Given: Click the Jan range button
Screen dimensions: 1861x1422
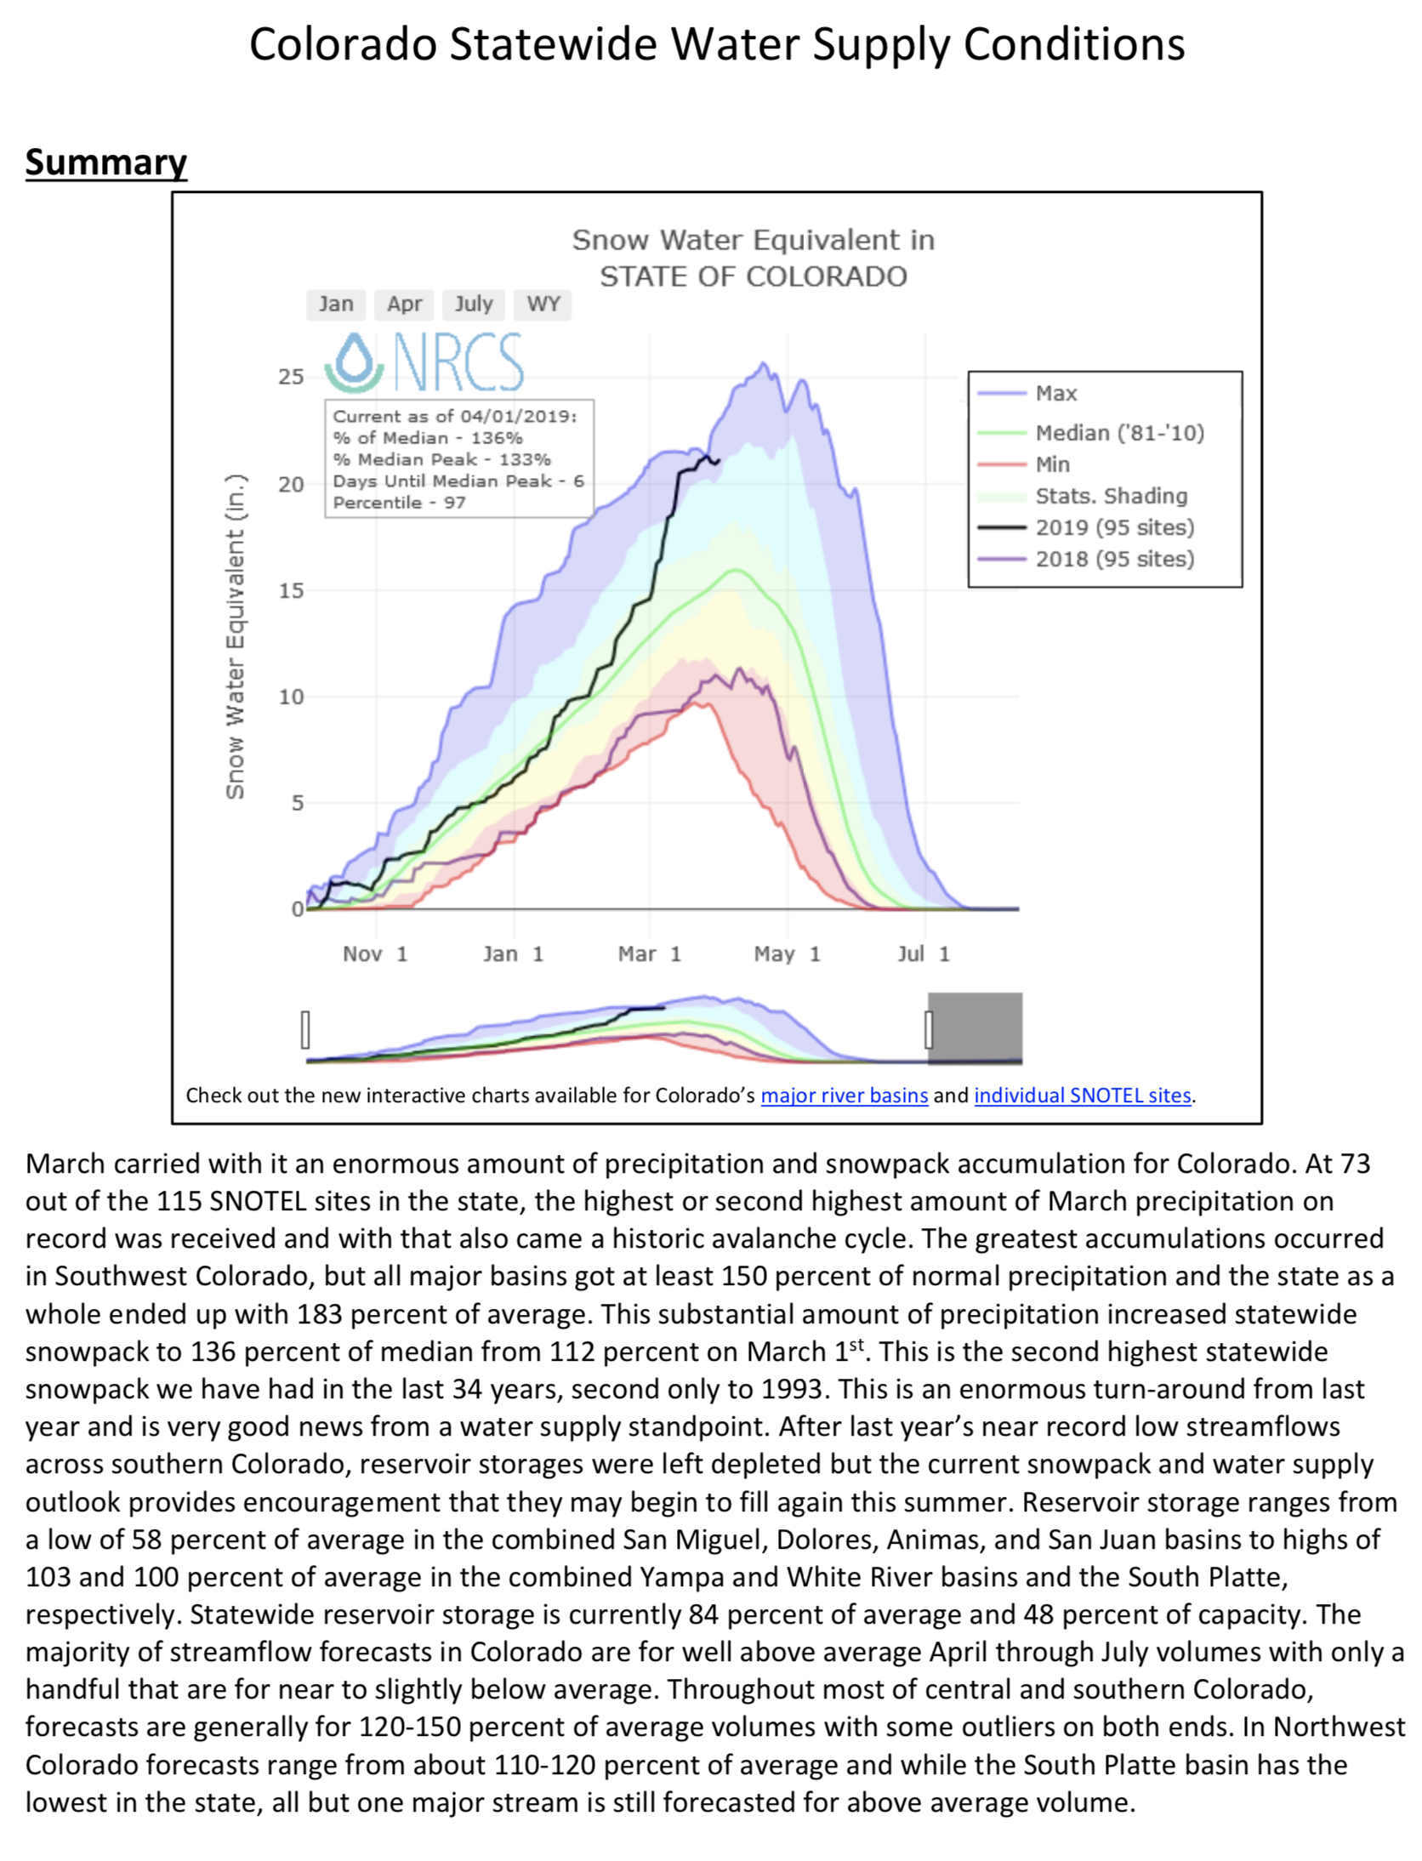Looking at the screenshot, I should pyautogui.click(x=335, y=304).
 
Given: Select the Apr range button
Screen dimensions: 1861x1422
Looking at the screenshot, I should pyautogui.click(x=404, y=304).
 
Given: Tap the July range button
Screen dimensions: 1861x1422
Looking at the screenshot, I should pyautogui.click(x=473, y=304).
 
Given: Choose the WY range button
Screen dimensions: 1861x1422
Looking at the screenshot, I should pyautogui.click(x=543, y=304).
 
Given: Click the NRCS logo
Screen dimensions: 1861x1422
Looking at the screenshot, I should pyautogui.click(x=424, y=361).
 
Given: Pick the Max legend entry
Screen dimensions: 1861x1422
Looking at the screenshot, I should pyautogui.click(x=1055, y=393).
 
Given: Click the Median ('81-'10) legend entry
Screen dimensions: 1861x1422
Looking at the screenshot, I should pyautogui.click(x=1118, y=433).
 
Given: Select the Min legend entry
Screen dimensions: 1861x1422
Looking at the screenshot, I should pyautogui.click(x=1052, y=464).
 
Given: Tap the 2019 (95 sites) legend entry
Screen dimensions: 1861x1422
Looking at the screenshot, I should pyautogui.click(x=1114, y=527).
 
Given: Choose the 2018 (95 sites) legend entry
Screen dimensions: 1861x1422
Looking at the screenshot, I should pyautogui.click(x=1114, y=559).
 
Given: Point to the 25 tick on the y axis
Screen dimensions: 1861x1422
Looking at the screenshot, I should pyautogui.click(x=291, y=377).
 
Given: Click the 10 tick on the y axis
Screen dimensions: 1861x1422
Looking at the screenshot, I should pyautogui.click(x=291, y=697).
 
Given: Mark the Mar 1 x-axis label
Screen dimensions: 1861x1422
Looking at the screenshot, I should pyautogui.click(x=649, y=953).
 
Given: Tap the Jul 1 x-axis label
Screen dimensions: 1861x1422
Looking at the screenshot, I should pyautogui.click(x=923, y=953).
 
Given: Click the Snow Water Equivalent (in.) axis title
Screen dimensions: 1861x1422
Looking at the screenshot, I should pyautogui.click(x=235, y=636).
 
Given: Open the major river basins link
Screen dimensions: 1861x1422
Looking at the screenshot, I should pyautogui.click(x=844, y=1095).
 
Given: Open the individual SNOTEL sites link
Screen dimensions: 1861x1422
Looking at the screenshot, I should pyautogui.click(x=1082, y=1095).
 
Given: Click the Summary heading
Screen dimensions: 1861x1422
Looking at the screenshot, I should pyautogui.click(x=105, y=162).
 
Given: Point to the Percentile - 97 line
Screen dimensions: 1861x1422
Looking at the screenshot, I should pyautogui.click(x=399, y=503).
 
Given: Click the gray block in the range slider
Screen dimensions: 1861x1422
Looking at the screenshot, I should pyautogui.click(x=976, y=1027).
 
